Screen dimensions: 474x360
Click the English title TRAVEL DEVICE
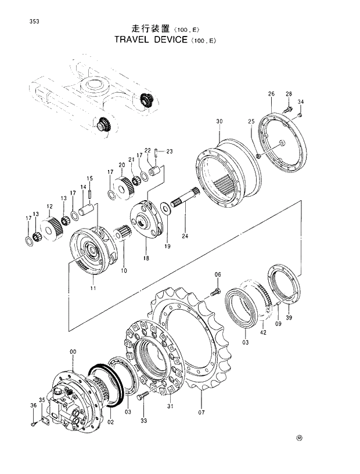click(x=151, y=40)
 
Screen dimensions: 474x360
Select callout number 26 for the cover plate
click(x=271, y=94)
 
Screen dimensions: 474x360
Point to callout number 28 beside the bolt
click(x=289, y=94)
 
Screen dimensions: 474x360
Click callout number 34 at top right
click(x=301, y=102)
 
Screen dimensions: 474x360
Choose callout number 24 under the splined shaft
click(x=185, y=236)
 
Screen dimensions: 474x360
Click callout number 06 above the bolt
click(x=218, y=274)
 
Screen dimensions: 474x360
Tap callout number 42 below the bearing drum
click(x=262, y=332)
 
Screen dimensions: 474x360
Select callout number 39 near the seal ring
click(x=289, y=317)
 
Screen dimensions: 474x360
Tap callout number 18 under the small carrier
click(x=146, y=258)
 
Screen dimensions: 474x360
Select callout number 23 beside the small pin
click(x=170, y=151)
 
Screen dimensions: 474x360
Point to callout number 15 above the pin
click(x=90, y=178)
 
